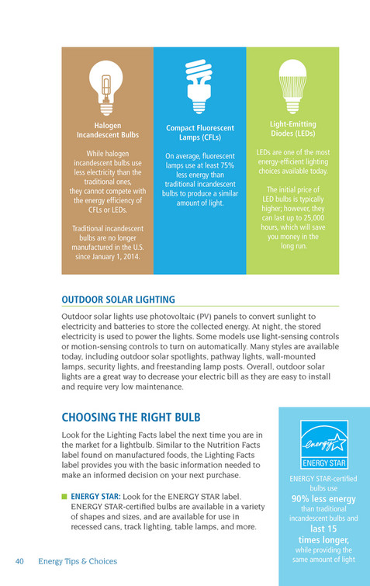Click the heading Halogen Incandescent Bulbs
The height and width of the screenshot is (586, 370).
tap(107, 130)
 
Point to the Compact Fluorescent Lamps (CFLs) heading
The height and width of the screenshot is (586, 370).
tap(200, 133)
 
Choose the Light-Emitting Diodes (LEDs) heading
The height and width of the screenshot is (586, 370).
tap(293, 129)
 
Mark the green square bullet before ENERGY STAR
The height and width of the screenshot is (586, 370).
tap(65, 495)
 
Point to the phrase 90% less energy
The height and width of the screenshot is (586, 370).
tap(323, 498)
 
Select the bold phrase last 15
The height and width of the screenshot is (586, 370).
tap(323, 528)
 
